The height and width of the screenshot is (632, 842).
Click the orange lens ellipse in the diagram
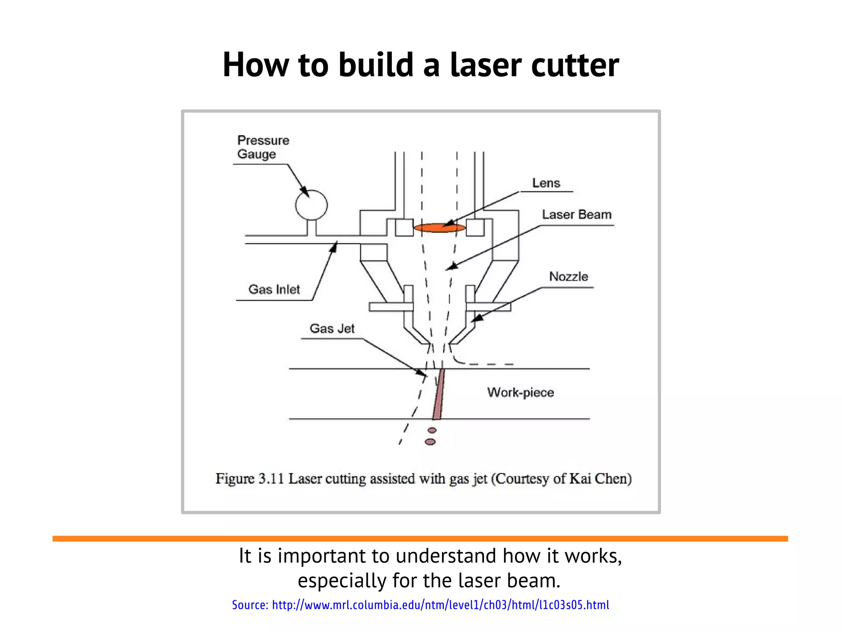click(x=439, y=228)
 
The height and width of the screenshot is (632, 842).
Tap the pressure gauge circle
click(x=311, y=205)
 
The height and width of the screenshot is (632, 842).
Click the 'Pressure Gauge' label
click(x=263, y=147)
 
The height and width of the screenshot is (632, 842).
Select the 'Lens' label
click(x=546, y=183)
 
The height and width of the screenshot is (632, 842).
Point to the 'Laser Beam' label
click(x=576, y=215)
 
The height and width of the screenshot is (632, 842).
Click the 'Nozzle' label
click(x=569, y=276)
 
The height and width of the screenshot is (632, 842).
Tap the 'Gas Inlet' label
click(x=274, y=289)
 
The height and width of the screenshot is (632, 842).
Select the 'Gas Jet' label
click(x=332, y=328)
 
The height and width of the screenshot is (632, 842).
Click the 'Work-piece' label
click(x=520, y=392)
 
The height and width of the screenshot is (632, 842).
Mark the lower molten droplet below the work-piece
click(x=430, y=442)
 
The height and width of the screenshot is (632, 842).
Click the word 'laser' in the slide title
click(x=486, y=65)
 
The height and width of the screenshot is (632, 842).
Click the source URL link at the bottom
click(x=440, y=605)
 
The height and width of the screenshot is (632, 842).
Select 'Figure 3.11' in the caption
click(x=250, y=479)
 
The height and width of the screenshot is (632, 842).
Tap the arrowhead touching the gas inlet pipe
click(x=334, y=247)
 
